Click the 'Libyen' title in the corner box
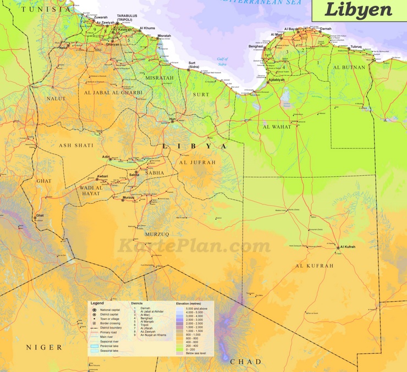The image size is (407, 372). pyautogui.click(x=358, y=10)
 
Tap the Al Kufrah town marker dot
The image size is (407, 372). pyautogui.click(x=338, y=248)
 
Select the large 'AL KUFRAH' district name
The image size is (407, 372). pyautogui.click(x=315, y=266)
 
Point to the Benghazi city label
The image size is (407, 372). pyautogui.click(x=256, y=47)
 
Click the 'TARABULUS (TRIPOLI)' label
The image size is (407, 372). pyautogui.click(x=128, y=18)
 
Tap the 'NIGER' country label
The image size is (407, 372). pyautogui.click(x=44, y=347)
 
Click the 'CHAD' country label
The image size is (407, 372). pyautogui.click(x=246, y=361)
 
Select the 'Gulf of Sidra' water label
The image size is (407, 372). pyautogui.click(x=222, y=62)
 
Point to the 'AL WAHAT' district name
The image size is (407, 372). pyautogui.click(x=277, y=127)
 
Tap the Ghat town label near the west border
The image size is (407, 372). pyautogui.click(x=40, y=215)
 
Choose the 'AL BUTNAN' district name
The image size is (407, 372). pyautogui.click(x=349, y=68)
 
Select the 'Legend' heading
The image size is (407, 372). pyautogui.click(x=97, y=303)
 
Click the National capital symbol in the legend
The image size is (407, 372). pyautogui.click(x=94, y=310)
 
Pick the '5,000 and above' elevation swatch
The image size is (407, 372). pyautogui.click(x=179, y=309)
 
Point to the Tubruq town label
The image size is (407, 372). pyautogui.click(x=356, y=47)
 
